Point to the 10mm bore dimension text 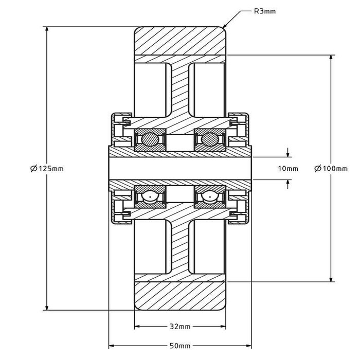pos(288,169)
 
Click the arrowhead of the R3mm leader pos(224,27)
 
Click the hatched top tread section pos(180,40)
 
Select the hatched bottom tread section pos(180,296)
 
